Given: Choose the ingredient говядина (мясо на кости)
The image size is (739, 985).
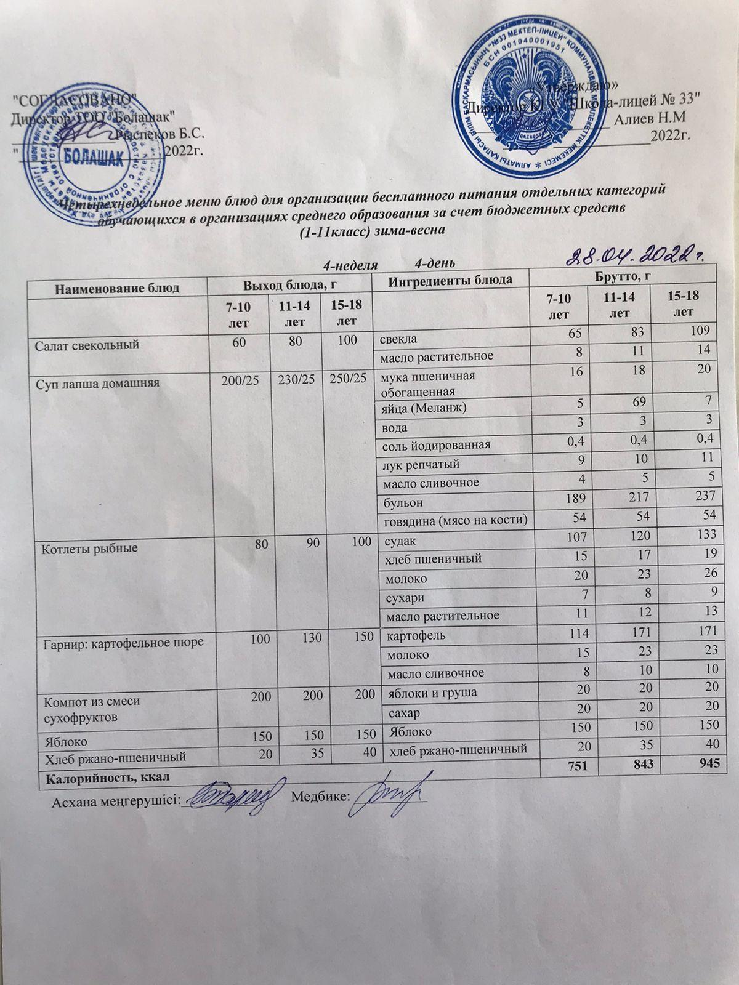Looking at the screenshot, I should (x=454, y=521).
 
